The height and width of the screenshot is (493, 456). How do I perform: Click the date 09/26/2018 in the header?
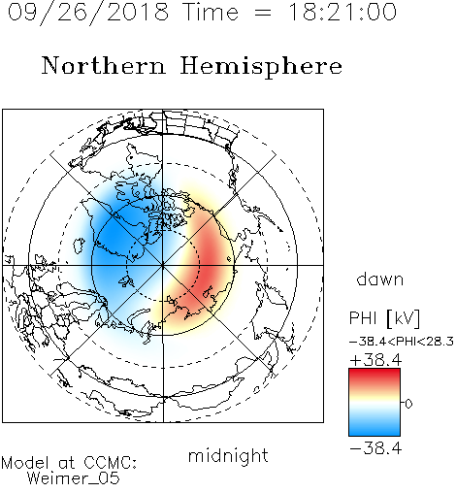coord(88,13)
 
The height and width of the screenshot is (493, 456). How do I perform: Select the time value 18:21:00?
coord(342,12)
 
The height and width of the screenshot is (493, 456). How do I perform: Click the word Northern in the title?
coord(104,65)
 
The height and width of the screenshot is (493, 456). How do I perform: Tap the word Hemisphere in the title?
coord(261,67)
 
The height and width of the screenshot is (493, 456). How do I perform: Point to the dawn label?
coord(380,279)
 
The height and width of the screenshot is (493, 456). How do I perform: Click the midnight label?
coord(228,456)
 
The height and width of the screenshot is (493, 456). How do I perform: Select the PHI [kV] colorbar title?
coord(384,318)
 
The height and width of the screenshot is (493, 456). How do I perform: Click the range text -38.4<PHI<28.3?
coord(402,342)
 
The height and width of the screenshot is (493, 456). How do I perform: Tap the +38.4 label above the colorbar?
coord(375,360)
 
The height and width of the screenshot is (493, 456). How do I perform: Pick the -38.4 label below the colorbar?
coord(375,448)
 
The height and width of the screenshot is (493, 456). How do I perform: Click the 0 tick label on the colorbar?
coord(408,404)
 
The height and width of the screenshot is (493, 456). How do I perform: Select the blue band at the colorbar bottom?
coord(375,429)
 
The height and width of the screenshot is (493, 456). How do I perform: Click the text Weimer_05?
coord(74,478)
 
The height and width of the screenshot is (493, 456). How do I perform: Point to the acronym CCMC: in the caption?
coord(111,463)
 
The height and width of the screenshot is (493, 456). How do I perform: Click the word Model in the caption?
coord(25,463)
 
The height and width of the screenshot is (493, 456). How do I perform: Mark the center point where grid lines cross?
coord(163,265)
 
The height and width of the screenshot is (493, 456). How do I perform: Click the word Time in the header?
coord(211,13)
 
